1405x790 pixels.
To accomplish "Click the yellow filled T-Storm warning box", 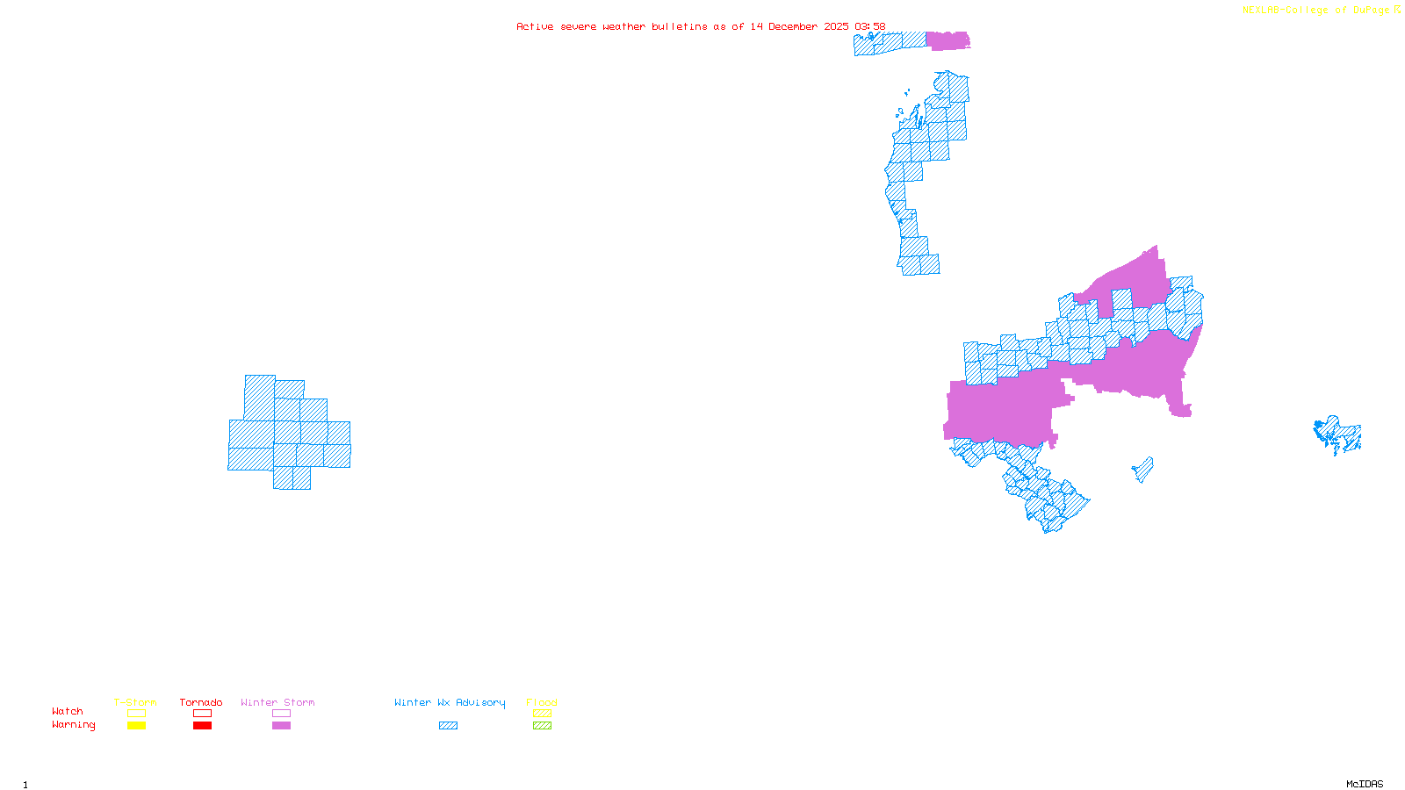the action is [x=136, y=726].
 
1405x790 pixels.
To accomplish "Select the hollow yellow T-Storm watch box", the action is [x=136, y=714].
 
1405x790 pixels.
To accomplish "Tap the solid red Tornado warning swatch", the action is [x=202, y=726].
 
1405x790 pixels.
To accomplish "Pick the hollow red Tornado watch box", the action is [x=202, y=714].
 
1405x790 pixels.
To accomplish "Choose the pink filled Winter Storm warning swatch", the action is [x=281, y=726].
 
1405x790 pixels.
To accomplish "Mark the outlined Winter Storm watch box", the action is [x=281, y=714].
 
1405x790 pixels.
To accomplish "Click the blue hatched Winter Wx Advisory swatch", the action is [x=448, y=726].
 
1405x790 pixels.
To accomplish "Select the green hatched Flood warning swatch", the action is [x=542, y=726].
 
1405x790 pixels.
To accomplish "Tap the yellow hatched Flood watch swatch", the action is [x=542, y=714].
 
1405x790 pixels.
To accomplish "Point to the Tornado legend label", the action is [x=201, y=702].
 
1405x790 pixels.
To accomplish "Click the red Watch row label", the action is [x=68, y=711].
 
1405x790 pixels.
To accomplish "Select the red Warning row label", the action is [x=73, y=725].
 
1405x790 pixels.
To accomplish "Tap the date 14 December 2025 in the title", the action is [x=799, y=26].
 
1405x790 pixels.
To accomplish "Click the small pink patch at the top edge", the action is [x=947, y=40].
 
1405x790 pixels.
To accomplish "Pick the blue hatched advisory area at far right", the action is [x=1338, y=434].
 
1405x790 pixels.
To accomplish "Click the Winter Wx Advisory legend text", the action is [x=450, y=702].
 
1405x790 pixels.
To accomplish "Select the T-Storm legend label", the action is [x=135, y=702].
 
